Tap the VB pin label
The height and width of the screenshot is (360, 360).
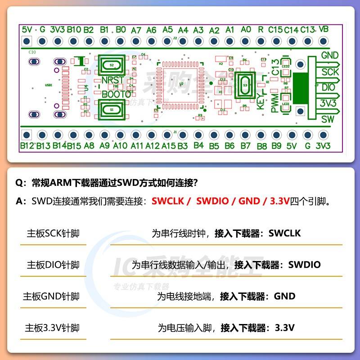(323, 29)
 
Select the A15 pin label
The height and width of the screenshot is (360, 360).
(168, 146)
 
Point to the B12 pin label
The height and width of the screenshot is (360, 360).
(27, 146)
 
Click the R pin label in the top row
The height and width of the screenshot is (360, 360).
(261, 30)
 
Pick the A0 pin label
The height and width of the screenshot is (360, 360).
(246, 30)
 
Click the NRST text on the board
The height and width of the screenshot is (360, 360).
(111, 80)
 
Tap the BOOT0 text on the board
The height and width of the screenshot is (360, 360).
(116, 94)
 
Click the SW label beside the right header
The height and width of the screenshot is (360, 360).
(328, 119)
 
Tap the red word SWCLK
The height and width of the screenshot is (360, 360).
(168, 201)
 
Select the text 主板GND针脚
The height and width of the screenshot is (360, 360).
(51, 296)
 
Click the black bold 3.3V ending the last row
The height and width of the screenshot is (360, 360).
(284, 328)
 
